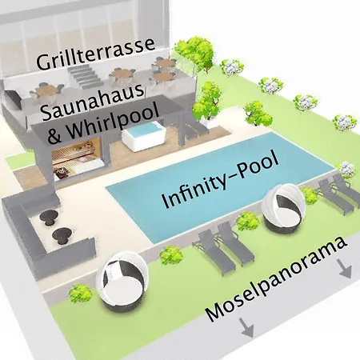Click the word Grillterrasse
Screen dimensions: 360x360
pos(95,54)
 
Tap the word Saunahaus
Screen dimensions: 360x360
pos(93,102)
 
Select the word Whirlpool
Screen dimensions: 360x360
pos(112,122)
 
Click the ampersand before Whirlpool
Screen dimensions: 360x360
pos(54,135)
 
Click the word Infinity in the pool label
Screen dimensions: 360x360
pos(197,189)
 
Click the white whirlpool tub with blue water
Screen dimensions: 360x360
pos(143,134)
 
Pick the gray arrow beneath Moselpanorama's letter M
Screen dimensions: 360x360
pos(246,327)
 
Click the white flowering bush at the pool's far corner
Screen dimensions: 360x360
pos(347,169)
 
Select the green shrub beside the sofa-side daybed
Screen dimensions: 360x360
pos(80,293)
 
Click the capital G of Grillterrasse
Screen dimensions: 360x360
pos(43,62)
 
